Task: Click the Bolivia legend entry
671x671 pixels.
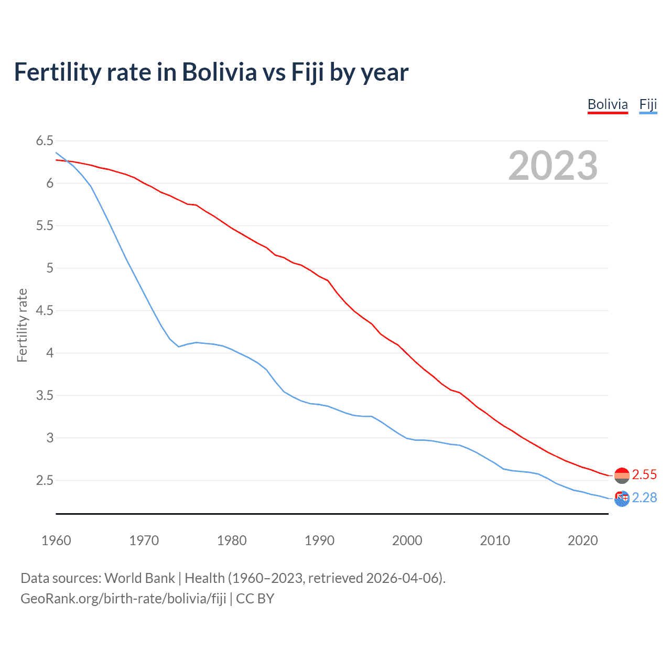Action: [x=608, y=104]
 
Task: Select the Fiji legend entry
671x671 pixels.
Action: [x=648, y=104]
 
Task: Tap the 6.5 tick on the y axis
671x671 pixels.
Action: [x=45, y=140]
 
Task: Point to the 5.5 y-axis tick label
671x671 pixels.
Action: [x=45, y=225]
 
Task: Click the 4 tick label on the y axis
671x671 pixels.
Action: [x=50, y=353]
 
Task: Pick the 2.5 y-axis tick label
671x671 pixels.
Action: [x=45, y=480]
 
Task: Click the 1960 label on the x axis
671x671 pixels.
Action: [x=56, y=540]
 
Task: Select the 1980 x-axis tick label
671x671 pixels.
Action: [x=232, y=540]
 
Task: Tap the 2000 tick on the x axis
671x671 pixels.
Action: [x=407, y=540]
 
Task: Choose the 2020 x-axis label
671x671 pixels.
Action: [x=582, y=540]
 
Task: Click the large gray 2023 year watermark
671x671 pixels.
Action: [x=553, y=166]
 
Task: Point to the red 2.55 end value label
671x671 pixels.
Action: [x=644, y=474]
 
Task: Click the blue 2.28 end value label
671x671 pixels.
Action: [x=644, y=497]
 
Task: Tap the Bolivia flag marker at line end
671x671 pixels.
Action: [x=622, y=475]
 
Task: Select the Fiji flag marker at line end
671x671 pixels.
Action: [x=622, y=499]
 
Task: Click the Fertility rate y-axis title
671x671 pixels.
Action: [x=22, y=325]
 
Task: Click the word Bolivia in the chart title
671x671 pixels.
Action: [x=219, y=72]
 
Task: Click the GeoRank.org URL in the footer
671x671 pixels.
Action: [x=123, y=599]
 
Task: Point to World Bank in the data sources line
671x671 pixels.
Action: [x=139, y=578]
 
